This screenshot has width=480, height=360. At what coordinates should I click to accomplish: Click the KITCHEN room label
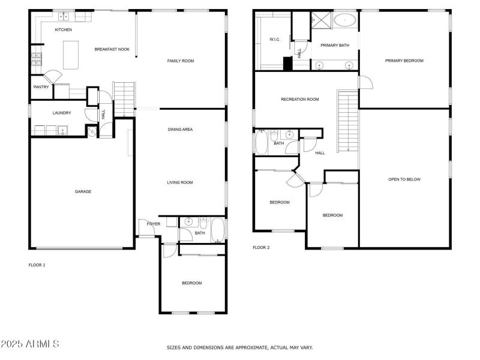pos(64,29)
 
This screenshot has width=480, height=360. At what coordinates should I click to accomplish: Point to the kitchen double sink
pos(65,16)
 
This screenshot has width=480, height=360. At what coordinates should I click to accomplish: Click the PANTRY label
pos(41,87)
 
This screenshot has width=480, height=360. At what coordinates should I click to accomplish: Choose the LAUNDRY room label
pos(62,113)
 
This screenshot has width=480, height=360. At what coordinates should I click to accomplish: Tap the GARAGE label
pos(83,191)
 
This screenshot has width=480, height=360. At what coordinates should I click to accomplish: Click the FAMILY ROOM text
pos(180,61)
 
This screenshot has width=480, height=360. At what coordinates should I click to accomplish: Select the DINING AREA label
pos(180,130)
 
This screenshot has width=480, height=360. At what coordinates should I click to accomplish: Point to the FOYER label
pos(154,224)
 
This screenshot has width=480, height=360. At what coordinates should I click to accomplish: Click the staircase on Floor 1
pos(125,98)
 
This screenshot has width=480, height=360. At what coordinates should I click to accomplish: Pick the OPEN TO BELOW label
pos(404,179)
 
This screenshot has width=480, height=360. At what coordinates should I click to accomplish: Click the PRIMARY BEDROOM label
pos(404,61)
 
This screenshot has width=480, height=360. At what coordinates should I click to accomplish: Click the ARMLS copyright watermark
pos(30,344)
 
